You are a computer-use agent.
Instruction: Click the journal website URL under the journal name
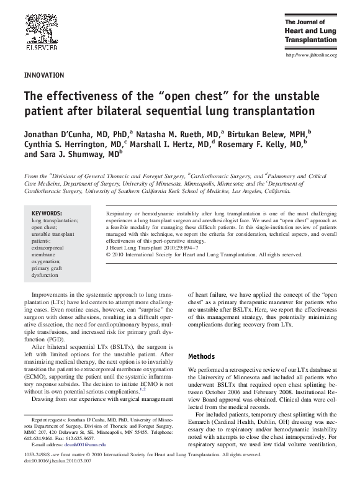pyautogui.click(x=310, y=55)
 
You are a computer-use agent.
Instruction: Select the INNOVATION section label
pyautogui.click(x=43, y=75)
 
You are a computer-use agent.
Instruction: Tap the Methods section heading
pyautogui.click(x=202, y=357)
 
